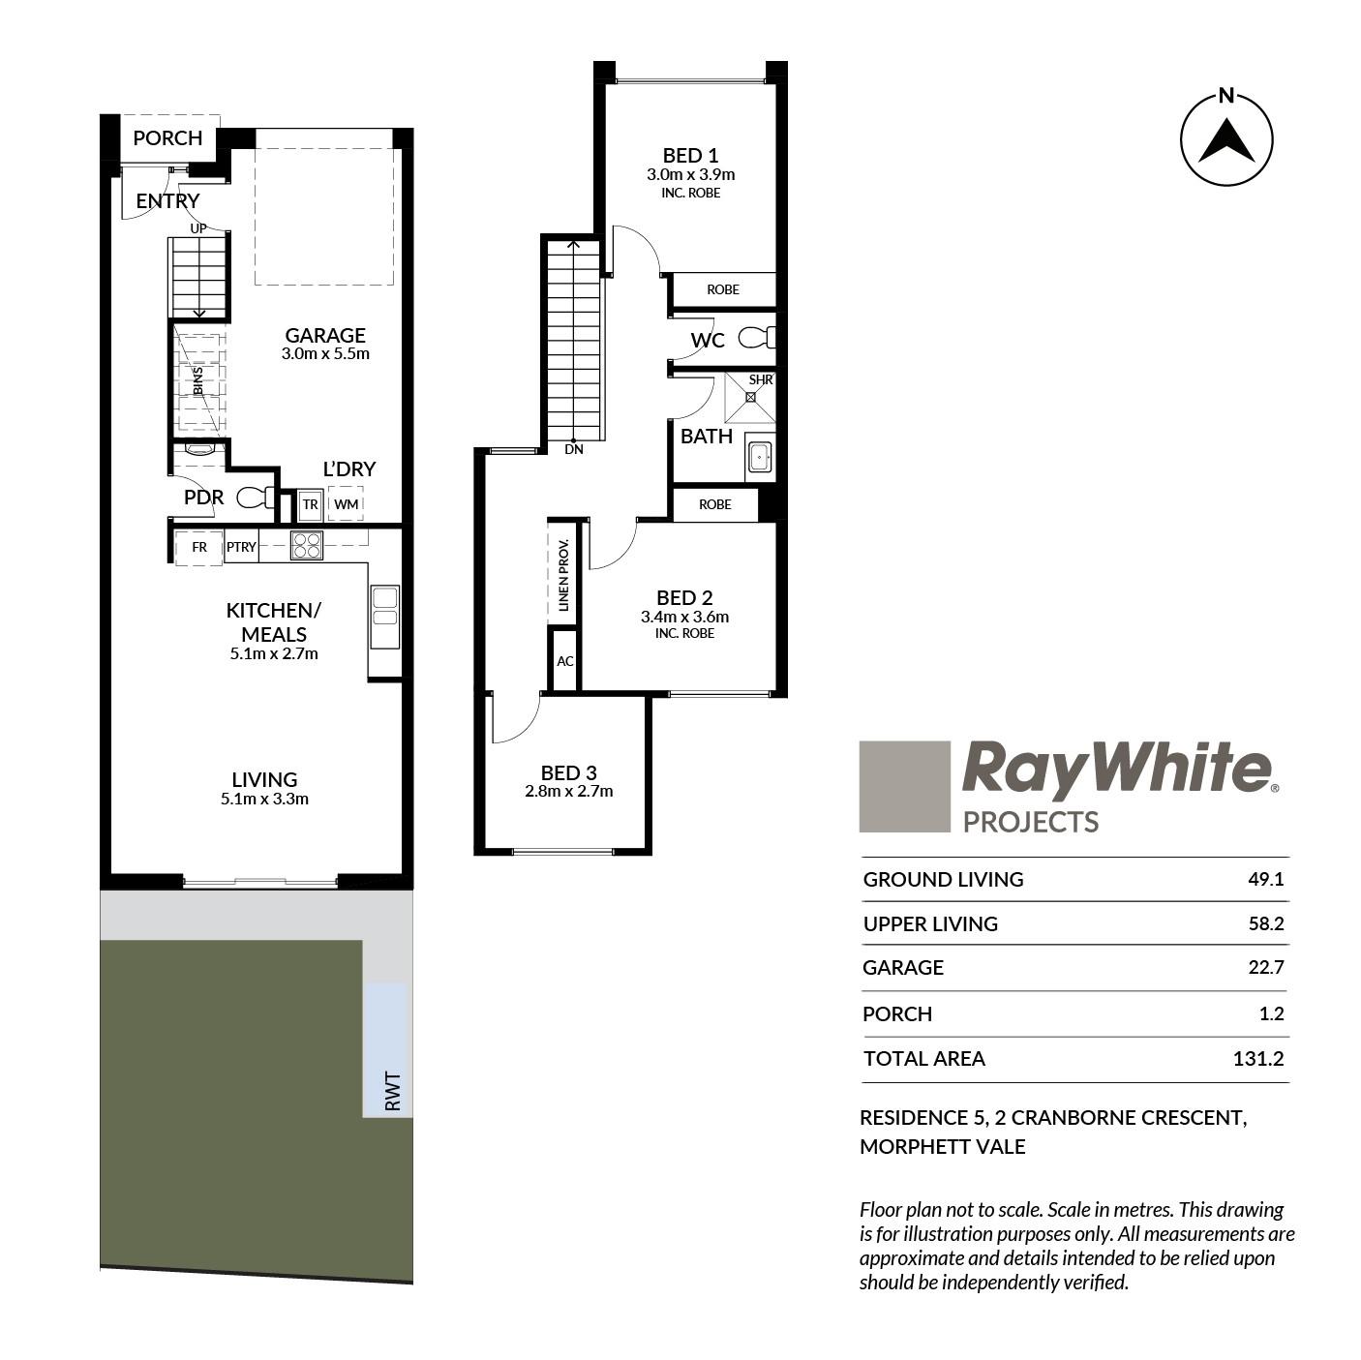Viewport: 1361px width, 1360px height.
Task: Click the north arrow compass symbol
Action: [1226, 139]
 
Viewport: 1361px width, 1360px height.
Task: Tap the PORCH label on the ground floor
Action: [167, 137]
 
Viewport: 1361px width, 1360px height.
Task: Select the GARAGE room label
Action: [325, 335]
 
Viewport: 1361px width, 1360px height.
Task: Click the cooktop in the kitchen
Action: [307, 545]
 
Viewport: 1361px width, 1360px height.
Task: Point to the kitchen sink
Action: [385, 616]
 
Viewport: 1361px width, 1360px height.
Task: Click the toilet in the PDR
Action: [255, 498]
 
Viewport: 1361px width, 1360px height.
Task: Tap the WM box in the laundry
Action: [346, 504]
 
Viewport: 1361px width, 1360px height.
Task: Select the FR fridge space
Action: [199, 547]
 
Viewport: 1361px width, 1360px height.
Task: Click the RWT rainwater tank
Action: [386, 1050]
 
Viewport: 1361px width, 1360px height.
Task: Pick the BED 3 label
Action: [568, 772]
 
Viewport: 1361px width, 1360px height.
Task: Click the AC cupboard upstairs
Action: [564, 660]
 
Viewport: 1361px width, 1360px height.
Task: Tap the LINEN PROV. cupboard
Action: [563, 574]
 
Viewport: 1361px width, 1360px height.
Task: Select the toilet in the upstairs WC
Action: [757, 338]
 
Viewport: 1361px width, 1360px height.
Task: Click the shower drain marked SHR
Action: [751, 397]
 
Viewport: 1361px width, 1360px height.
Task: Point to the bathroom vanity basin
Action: [759, 457]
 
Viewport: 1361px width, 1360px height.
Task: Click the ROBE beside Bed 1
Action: [722, 289]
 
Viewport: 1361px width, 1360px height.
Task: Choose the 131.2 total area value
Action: [1257, 1058]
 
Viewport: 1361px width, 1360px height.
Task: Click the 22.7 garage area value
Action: [1265, 966]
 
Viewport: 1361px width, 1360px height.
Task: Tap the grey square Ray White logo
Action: [904, 786]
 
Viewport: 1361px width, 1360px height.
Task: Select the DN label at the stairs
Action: [573, 449]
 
